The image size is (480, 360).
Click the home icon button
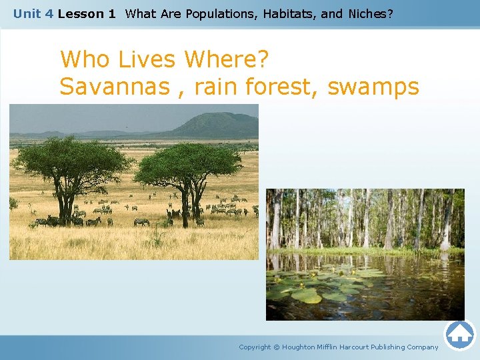point(459,335)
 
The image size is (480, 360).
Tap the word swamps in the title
point(373,87)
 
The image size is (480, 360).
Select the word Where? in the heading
point(227,59)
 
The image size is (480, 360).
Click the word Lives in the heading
point(147,59)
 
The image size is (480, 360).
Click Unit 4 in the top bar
point(33,13)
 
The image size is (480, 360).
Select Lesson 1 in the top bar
point(87,13)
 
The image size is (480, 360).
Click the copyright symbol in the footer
point(277,347)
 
